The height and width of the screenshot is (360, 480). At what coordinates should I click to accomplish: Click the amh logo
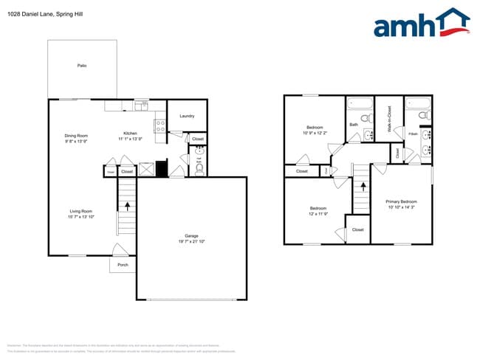tap(420, 24)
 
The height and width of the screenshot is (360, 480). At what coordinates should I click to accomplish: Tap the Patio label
tap(82, 66)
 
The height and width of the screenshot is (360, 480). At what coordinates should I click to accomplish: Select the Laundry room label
tap(187, 116)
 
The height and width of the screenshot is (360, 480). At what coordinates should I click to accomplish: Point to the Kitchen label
tap(130, 134)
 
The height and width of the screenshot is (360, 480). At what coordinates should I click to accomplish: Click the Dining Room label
tap(76, 136)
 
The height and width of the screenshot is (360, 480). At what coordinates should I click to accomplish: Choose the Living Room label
tap(80, 211)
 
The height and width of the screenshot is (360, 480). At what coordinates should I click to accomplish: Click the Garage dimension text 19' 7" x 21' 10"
tap(191, 242)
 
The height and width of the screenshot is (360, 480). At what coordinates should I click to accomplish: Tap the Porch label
tap(123, 265)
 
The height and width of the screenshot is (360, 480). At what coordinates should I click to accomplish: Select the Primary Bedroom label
tap(401, 201)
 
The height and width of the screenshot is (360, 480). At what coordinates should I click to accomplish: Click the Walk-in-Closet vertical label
tap(388, 119)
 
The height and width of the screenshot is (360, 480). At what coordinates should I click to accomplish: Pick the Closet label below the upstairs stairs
tap(357, 229)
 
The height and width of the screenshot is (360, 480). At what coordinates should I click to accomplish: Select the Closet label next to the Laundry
tap(198, 139)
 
